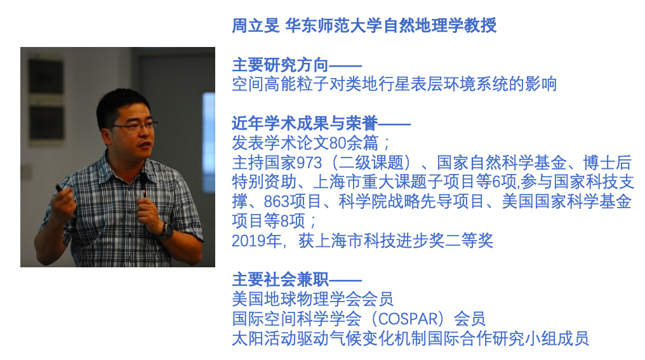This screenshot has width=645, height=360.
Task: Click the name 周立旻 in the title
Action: pos(255,25)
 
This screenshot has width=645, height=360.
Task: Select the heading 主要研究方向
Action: pos(280,65)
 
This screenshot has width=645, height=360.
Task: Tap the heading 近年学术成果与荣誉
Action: pos(305,123)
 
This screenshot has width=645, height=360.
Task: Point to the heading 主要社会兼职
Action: pos(280,280)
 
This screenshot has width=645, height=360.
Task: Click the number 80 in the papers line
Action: pos(338,143)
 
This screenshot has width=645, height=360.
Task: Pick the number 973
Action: pos(309,163)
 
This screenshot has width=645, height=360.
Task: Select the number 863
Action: pos(276,202)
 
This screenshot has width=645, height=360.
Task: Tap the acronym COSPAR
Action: pos(408,319)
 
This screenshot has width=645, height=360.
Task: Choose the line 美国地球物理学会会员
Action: pos(312,299)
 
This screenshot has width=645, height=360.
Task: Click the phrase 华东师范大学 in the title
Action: pos(333,25)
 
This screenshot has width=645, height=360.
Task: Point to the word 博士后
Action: pos(608,163)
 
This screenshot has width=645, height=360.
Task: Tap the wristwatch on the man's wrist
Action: pos(166,230)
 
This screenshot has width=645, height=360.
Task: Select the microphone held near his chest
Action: pos(143,186)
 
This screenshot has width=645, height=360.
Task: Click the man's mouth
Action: pos(144,145)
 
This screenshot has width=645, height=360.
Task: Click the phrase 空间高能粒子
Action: pos(281,84)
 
